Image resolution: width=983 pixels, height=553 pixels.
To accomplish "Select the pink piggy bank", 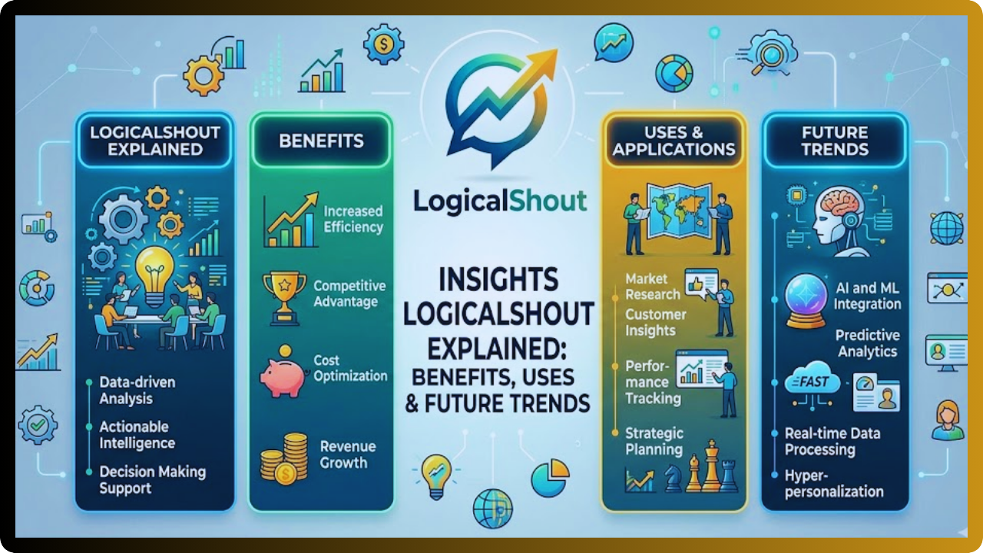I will (282, 372).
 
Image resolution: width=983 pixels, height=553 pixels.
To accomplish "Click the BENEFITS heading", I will (321, 141).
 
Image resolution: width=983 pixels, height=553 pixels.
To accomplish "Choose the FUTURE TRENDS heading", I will (834, 141).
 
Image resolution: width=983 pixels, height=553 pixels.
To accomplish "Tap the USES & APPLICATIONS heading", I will (674, 141).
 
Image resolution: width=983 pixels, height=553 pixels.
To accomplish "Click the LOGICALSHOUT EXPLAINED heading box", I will (155, 140).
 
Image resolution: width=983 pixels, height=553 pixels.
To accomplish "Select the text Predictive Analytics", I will (868, 343).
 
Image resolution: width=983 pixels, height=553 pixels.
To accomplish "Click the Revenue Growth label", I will (347, 455).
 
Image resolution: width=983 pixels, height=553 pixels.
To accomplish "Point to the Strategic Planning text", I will (654, 442).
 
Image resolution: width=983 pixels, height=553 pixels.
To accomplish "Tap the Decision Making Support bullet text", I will (152, 480).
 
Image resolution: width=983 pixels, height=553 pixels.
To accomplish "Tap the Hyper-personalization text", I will (834, 484).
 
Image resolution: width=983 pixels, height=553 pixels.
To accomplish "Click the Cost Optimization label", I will (350, 368).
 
